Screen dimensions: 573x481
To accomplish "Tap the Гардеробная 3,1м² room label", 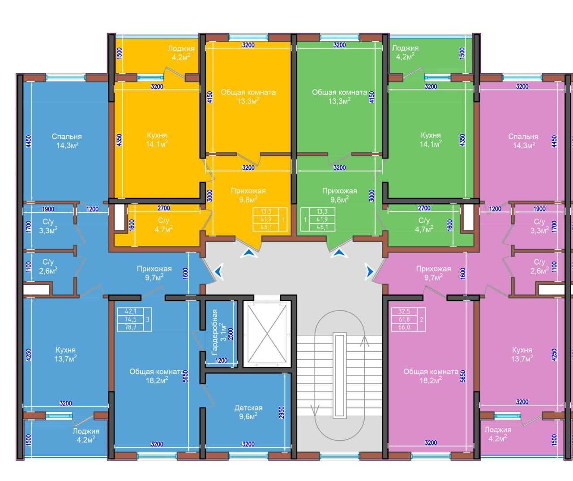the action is pos(219,332).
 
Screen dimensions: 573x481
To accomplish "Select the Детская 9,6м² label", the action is pos(248,412).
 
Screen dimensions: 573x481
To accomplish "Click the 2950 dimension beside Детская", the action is pos(281,412).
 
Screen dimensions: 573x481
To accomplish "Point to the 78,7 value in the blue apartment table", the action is pos(131,327).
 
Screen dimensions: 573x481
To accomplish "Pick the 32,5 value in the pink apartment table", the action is pos(404,311).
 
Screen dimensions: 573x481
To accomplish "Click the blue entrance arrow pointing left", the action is pos(218,271).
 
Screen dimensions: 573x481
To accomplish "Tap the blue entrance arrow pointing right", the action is pos(369,272).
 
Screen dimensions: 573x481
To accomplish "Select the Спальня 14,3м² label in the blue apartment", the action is pos(67,141).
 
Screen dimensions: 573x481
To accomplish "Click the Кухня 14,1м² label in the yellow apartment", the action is pos(157,139).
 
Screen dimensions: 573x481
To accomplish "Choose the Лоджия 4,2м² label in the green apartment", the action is pos(405,52).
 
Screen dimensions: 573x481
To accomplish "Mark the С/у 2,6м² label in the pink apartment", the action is pos(539,266).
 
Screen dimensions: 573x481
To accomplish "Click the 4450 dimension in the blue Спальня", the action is pos(29,142).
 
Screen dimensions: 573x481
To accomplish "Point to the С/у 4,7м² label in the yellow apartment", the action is pos(163,225).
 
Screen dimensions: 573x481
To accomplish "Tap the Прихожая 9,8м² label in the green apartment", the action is pos(339,195).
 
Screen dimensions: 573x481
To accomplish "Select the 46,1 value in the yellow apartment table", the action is pos(265,227).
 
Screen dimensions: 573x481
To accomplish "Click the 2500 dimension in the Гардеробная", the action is pos(231,334).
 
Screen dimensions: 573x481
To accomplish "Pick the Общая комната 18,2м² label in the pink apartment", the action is pos(431,376).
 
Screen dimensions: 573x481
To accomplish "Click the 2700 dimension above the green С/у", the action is pos(424,208).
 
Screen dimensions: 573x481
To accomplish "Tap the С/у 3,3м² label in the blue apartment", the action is pos(48,226).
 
